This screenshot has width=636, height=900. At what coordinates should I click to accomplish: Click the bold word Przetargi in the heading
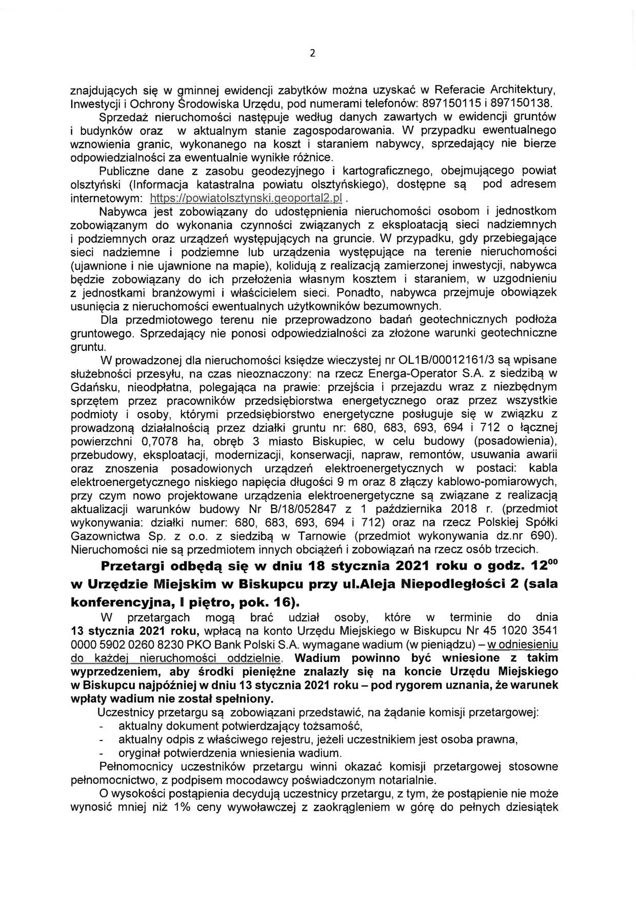134,568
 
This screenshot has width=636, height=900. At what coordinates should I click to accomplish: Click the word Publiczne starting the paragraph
124,170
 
